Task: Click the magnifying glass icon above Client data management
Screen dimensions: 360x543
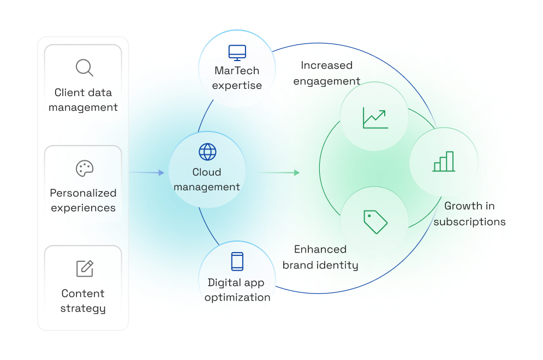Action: coord(84,68)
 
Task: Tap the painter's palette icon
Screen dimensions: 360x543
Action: coord(84,169)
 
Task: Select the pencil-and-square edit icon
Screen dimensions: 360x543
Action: coord(85,268)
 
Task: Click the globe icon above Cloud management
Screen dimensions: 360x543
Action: coord(207,152)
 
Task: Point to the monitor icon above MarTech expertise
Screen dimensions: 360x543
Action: coord(237,52)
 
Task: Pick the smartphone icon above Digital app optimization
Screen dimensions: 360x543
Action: coord(237,261)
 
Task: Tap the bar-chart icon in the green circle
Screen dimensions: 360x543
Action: coord(444,161)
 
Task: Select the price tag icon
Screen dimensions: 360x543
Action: coord(375,221)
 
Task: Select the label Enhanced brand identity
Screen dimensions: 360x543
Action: coord(320,257)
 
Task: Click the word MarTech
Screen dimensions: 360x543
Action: coord(237,71)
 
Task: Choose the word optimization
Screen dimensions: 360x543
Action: coord(237,297)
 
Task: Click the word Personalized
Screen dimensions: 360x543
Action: coord(83,193)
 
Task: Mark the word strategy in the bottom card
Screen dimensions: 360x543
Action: coord(83,308)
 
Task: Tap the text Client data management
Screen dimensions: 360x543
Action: coord(83,100)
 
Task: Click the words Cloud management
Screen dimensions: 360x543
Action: coord(207,179)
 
